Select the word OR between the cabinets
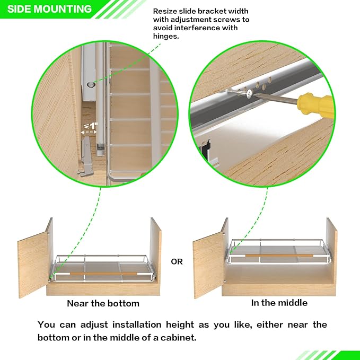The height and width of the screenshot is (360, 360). coord(177,261)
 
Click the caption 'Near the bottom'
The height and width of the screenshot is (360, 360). coord(103,304)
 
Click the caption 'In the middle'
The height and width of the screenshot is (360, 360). coord(279,303)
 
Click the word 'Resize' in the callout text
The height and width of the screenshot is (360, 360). coord(165,11)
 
